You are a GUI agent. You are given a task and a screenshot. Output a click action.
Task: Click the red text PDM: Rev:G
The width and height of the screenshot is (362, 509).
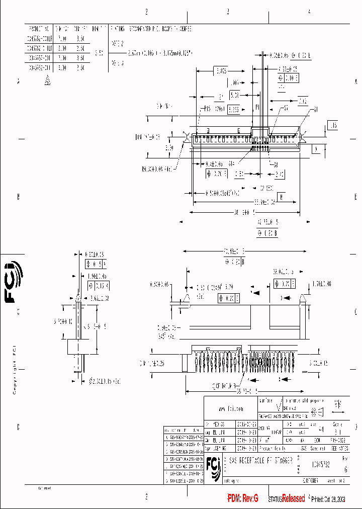(x=243, y=498)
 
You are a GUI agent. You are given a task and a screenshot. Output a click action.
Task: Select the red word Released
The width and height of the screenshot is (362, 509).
(x=293, y=498)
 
